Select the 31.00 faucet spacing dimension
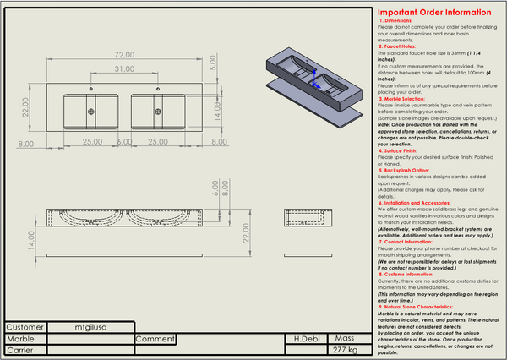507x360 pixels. (x=125, y=68)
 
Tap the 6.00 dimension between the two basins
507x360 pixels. (x=124, y=141)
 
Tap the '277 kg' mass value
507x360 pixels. (x=346, y=348)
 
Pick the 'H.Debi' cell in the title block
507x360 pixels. (x=306, y=337)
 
